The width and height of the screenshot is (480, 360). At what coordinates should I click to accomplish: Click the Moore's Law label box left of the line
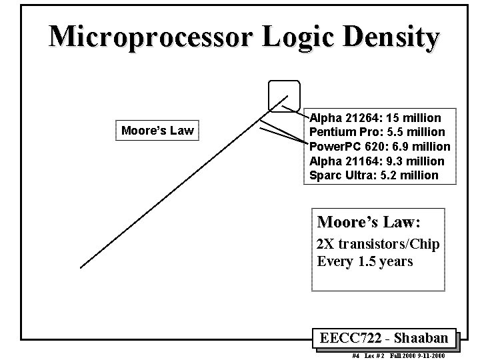tap(157, 130)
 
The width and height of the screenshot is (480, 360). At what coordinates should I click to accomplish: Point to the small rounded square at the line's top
tap(284, 95)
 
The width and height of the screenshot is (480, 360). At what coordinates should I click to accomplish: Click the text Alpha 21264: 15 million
tap(375, 118)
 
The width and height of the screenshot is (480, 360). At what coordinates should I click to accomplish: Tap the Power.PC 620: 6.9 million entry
tap(380, 147)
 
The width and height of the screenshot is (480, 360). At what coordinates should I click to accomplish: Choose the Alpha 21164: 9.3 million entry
tap(377, 161)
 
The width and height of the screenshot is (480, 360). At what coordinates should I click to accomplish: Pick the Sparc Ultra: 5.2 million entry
tap(374, 175)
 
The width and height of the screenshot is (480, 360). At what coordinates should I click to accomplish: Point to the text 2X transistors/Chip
tap(378, 244)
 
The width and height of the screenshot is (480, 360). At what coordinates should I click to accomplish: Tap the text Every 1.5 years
tap(365, 261)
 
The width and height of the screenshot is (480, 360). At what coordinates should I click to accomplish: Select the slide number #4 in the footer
tap(355, 356)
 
